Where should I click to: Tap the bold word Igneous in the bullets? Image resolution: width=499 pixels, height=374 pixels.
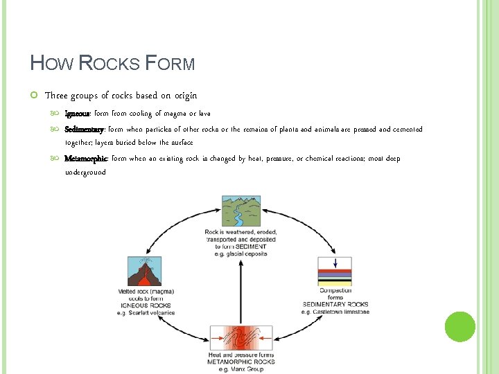[78, 113]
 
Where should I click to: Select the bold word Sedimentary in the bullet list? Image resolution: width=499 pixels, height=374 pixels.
[84, 129]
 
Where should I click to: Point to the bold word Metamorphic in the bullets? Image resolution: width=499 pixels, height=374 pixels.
[86, 159]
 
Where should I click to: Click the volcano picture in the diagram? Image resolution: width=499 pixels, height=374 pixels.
[144, 271]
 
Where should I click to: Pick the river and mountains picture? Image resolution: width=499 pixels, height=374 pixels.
[240, 210]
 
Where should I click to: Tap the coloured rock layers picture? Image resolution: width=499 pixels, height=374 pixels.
[335, 271]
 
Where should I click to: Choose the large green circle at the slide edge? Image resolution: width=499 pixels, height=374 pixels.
[459, 326]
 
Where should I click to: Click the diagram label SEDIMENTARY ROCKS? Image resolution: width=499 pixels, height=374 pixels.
[335, 305]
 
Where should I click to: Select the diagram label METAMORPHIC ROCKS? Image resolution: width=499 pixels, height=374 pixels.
[241, 362]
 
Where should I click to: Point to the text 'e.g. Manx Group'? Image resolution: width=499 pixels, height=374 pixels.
[241, 369]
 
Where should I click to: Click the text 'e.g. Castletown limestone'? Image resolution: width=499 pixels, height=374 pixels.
[335, 312]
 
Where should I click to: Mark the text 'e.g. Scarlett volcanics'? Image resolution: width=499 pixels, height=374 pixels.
[146, 313]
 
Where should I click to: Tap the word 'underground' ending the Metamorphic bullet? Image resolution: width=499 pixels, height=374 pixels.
[85, 172]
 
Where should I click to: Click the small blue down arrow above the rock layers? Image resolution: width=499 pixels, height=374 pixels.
[335, 263]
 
